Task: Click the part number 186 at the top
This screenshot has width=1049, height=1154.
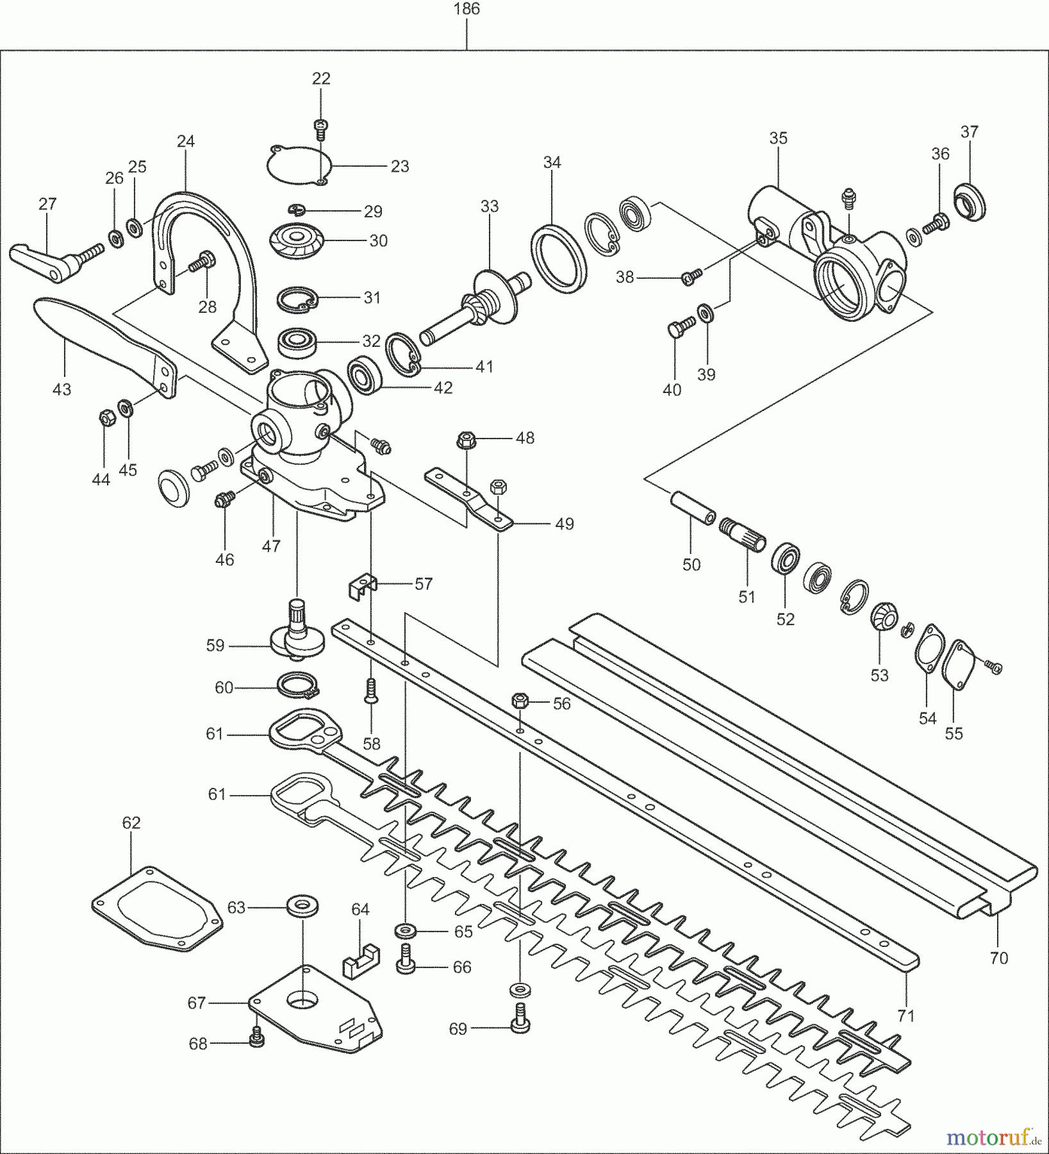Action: (466, 9)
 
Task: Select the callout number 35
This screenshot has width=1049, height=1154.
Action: (778, 138)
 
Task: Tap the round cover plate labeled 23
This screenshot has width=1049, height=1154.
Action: (295, 165)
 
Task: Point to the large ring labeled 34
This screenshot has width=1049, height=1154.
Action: (558, 259)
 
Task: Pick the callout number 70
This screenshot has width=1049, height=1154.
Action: (998, 958)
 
